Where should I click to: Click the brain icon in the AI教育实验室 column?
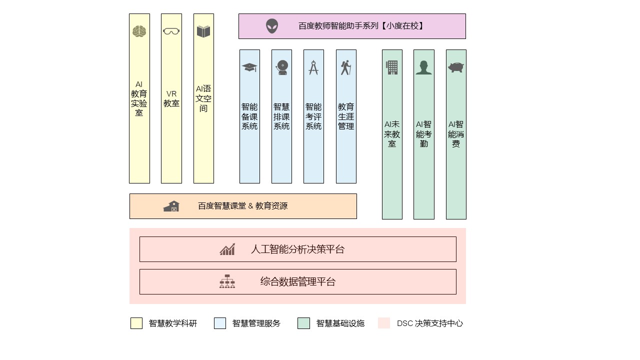[x=139, y=31]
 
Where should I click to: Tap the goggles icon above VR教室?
[x=171, y=31]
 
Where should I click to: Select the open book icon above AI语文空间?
[x=203, y=31]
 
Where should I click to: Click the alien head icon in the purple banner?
[x=272, y=26]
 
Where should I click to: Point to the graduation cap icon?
[x=249, y=67]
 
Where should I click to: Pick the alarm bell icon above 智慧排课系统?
[x=282, y=67]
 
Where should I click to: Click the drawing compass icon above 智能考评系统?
[x=313, y=67]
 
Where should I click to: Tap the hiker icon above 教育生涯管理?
[x=345, y=67]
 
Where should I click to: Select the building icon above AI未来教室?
[x=391, y=67]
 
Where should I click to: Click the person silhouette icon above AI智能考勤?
[x=423, y=67]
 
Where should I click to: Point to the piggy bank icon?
[x=456, y=67]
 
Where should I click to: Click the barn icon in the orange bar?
[x=171, y=206]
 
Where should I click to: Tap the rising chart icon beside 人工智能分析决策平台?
[x=227, y=249]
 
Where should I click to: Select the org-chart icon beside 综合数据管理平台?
[x=227, y=281]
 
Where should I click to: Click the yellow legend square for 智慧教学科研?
[x=136, y=323]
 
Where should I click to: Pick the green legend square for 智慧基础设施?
[x=303, y=323]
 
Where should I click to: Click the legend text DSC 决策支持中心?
[x=430, y=323]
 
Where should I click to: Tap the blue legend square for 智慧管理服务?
[x=220, y=323]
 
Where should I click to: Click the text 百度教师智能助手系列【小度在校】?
[x=361, y=26]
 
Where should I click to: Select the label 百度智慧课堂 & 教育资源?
[x=243, y=206]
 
